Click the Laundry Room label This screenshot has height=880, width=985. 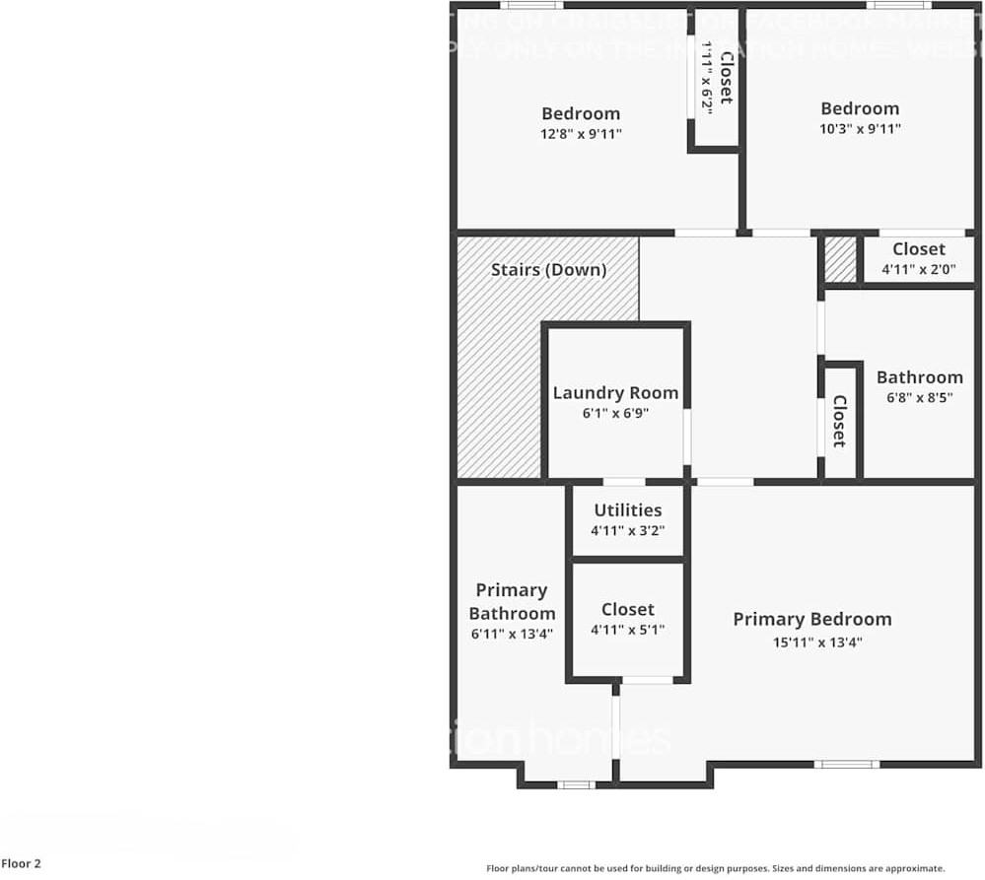click(x=615, y=392)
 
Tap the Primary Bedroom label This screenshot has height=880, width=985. click(x=811, y=619)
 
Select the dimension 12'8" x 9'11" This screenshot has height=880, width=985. click(x=581, y=134)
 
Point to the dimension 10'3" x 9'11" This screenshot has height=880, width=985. click(x=860, y=129)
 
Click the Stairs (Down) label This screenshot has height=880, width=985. click(x=548, y=269)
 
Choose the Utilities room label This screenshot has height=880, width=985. click(x=627, y=509)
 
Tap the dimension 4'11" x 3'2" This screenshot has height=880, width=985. click(x=627, y=530)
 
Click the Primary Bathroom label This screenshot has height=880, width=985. click(x=511, y=601)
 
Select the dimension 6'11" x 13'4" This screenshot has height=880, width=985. click(x=511, y=635)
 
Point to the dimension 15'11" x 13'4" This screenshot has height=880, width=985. click(x=811, y=643)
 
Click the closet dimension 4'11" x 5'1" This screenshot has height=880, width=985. click(x=627, y=631)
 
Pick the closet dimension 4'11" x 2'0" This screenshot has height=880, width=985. click(x=918, y=270)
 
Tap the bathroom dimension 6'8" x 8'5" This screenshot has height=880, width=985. click(x=919, y=398)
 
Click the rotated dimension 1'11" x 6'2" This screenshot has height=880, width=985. click(x=707, y=75)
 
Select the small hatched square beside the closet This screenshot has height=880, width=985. click(x=840, y=259)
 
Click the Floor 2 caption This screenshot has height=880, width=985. click(x=21, y=864)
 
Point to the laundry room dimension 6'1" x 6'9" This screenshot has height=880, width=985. click(x=615, y=414)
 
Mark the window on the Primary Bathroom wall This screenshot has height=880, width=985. click(x=575, y=784)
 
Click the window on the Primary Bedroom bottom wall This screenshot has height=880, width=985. click(x=846, y=764)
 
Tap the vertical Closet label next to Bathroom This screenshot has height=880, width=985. click(x=839, y=421)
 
